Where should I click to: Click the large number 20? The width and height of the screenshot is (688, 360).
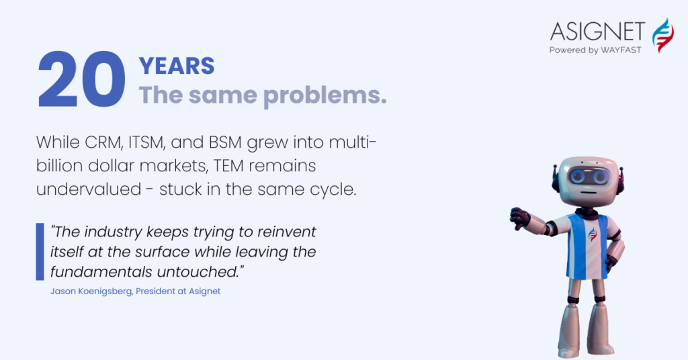coord(81,79)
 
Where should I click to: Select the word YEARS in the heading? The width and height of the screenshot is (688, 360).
coord(177,66)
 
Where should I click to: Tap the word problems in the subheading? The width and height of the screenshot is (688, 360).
coord(325,95)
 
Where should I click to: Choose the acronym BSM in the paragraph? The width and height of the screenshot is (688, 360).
coord(225,142)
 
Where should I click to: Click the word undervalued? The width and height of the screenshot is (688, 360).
coord(89,189)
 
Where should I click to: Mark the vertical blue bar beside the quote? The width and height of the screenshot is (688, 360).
coord(40,252)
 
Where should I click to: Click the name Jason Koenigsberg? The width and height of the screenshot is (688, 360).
coord(91,291)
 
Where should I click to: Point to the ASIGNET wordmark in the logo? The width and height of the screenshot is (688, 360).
coord(597,32)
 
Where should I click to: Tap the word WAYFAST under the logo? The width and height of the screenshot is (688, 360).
coord(621,50)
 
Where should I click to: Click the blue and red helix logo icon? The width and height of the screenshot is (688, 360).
coord(662,36)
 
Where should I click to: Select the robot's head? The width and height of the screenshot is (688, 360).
coord(587,181)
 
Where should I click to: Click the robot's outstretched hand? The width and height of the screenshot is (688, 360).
coord(521,218)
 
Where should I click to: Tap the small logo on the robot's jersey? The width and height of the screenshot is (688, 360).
coord(593,234)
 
